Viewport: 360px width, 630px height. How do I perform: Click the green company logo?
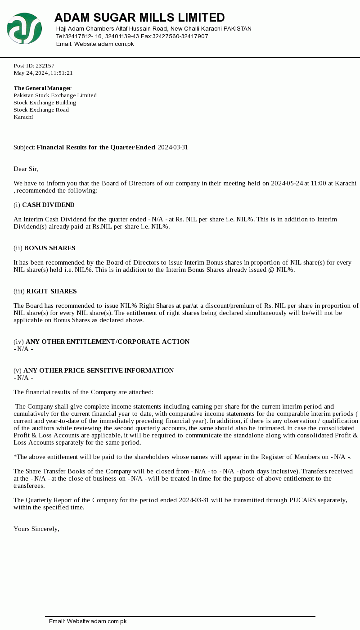(x=24, y=28)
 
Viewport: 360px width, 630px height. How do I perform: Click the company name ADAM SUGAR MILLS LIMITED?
(x=139, y=18)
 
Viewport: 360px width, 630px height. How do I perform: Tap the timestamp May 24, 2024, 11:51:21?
(x=43, y=73)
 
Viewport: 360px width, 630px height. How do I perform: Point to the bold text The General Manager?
(x=43, y=88)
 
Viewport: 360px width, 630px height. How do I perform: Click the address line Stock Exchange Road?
(x=41, y=110)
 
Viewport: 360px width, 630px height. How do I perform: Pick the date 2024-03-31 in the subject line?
(x=173, y=148)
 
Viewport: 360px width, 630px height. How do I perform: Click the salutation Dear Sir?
(x=26, y=169)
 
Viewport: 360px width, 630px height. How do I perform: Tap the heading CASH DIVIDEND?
(x=48, y=205)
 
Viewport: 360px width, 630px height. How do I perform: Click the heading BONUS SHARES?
(x=49, y=248)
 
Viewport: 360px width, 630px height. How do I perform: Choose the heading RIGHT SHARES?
(x=51, y=292)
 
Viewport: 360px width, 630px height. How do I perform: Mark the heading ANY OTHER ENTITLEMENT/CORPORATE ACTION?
(x=108, y=342)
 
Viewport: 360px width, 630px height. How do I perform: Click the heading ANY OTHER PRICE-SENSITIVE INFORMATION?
(x=99, y=371)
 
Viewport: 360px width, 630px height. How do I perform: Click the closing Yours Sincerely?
(x=36, y=529)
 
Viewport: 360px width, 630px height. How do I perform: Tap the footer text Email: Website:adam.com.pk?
(x=88, y=621)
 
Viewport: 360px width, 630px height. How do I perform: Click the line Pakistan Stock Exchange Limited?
(x=55, y=95)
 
